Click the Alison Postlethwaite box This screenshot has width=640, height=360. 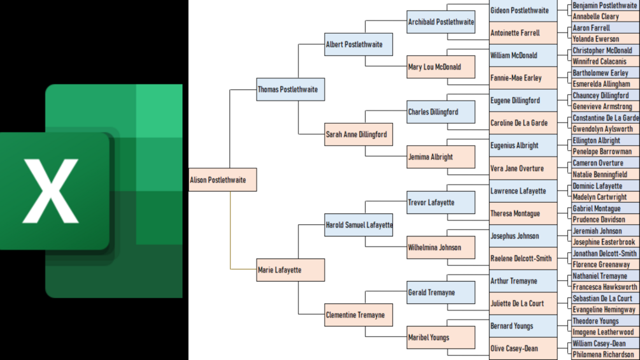tap(222, 180)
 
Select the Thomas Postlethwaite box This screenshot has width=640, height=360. tap(290, 89)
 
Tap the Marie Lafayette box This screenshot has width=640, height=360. tap(290, 270)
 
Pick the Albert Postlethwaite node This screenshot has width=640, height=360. tap(359, 45)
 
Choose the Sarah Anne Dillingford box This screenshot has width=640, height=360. tap(359, 134)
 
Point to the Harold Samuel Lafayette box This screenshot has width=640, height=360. tap(359, 225)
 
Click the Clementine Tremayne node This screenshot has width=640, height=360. tap(359, 315)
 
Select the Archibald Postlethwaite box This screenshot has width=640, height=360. tap(441, 22)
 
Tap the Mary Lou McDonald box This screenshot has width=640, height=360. tap(441, 67)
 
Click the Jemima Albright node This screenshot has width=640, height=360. tap(441, 157)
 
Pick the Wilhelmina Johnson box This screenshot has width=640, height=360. tap(441, 247)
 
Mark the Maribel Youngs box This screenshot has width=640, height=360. tap(441, 337)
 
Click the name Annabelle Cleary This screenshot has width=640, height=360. tap(604, 17)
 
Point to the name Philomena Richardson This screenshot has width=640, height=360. tap(604, 354)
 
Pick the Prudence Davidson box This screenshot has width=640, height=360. tap(604, 219)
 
